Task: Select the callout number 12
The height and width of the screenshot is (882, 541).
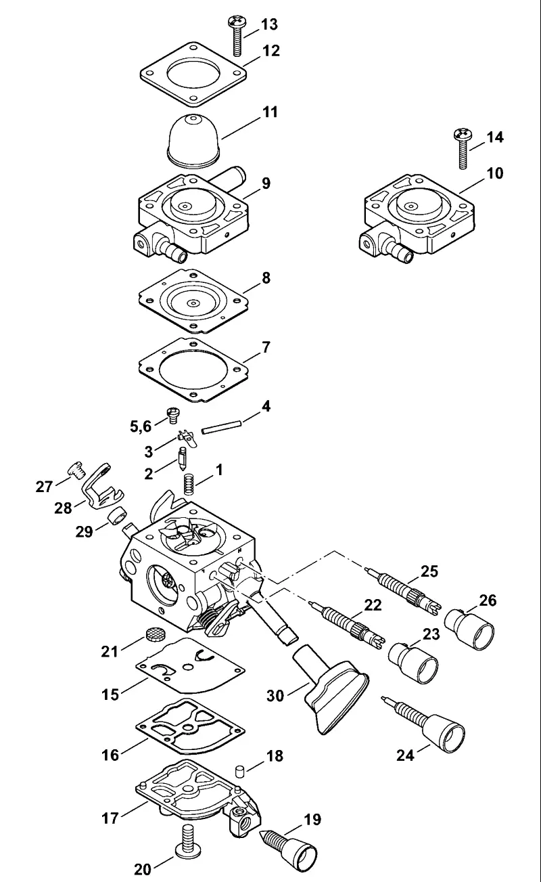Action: (x=271, y=51)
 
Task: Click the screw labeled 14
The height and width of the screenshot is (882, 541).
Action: (x=462, y=148)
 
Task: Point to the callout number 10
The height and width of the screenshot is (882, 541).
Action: (x=495, y=173)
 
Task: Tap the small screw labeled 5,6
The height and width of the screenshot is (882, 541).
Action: (x=172, y=416)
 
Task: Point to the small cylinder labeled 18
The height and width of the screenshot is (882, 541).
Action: (x=239, y=771)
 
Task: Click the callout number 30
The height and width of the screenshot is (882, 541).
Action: (x=275, y=696)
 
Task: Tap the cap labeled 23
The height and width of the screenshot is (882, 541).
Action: (x=413, y=663)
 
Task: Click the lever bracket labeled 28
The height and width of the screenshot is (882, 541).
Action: (x=101, y=488)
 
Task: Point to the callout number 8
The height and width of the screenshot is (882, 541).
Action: (x=266, y=278)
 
